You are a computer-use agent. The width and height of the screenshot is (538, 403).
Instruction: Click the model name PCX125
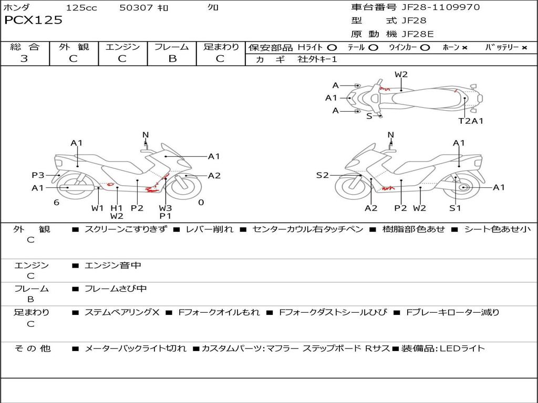pos(33,20)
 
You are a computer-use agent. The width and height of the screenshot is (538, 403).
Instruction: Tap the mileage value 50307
pos(136,8)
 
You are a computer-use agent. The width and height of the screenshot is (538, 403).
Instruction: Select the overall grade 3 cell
pos(24,59)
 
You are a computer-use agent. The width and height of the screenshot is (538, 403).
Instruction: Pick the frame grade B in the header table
pos(172,59)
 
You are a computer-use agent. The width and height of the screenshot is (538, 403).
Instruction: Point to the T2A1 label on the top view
pos(471,121)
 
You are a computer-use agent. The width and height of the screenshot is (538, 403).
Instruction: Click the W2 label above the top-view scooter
pos(401,75)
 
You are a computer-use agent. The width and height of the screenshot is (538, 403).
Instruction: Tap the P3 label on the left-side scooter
pos(38,175)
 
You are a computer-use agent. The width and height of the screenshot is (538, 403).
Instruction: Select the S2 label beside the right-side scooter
pos(322,175)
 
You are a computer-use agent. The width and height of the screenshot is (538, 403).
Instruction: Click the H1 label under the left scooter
pos(117,208)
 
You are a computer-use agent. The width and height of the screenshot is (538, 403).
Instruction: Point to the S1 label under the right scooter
pos(455,208)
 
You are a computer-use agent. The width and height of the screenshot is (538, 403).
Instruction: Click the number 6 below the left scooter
pos(56,202)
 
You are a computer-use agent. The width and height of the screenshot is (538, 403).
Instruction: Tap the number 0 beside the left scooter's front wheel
pos(201,202)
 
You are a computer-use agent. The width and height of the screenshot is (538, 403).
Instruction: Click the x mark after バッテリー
pos(524,47)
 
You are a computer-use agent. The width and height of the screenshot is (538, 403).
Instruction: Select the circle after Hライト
pos(332,47)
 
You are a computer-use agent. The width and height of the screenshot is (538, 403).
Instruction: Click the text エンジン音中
pos(112,266)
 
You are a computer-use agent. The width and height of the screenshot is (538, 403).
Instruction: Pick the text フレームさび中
pos(116,289)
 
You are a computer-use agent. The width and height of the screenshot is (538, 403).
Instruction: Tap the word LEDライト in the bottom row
pos(462,348)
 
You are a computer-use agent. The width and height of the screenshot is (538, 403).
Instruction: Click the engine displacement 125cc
pos(81,8)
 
